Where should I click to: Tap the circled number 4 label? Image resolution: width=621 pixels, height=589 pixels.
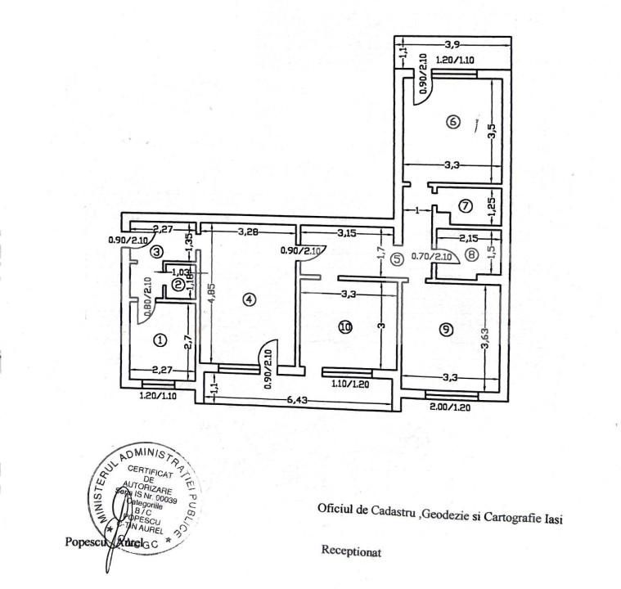click(x=250, y=299)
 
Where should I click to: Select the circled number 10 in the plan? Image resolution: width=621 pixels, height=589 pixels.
click(x=345, y=326)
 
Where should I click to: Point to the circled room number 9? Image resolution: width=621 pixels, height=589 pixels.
click(x=445, y=330)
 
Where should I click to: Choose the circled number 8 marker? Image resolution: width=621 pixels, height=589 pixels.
click(x=472, y=254)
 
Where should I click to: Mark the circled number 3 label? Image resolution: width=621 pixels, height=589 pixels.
click(x=157, y=252)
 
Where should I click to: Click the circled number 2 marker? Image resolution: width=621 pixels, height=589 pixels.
click(x=178, y=285)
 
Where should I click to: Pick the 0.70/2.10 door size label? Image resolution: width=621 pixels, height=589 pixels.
click(x=431, y=256)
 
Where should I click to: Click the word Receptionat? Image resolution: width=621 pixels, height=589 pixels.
click(x=352, y=551)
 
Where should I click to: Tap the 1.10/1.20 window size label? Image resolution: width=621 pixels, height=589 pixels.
click(x=349, y=382)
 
